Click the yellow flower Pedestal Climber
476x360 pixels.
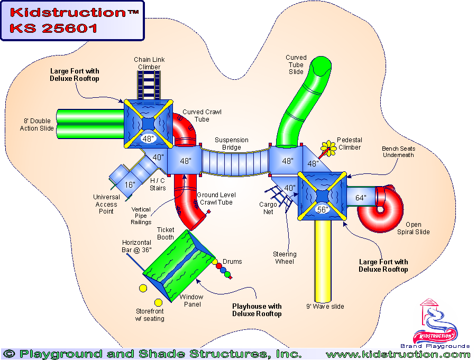click(x=329, y=147)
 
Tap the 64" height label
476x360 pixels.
click(x=361, y=198)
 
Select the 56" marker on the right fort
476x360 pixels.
click(x=322, y=209)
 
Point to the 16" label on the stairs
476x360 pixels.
click(x=130, y=184)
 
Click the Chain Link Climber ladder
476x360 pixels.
click(x=149, y=84)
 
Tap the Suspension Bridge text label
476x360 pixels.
click(x=231, y=144)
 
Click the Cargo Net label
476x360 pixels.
click(x=267, y=208)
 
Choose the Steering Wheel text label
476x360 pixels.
click(x=285, y=258)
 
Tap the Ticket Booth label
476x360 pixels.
click(x=165, y=234)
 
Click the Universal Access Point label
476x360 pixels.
click(x=106, y=204)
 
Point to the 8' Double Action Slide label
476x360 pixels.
click(x=37, y=125)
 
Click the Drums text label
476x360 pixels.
click(x=232, y=262)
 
